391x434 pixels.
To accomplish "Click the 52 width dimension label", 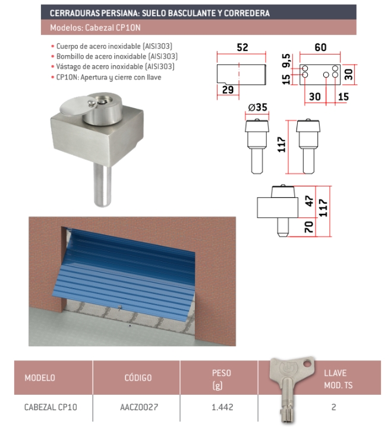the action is coord(242,47).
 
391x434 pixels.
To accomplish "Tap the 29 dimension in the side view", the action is coord(228,90).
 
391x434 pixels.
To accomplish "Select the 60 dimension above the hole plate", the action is coord(320,47).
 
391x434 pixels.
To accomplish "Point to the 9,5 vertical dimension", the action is coord(286,61).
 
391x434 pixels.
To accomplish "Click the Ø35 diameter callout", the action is coord(257,107).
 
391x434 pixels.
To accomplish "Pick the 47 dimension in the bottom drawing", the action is coord(309,201).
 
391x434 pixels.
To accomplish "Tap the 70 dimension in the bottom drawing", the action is coord(309,227).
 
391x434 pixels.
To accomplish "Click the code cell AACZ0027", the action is coord(139,407).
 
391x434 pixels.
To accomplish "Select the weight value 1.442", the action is coord(222,407).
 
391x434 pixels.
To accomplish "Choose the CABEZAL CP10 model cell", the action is coord(51,407).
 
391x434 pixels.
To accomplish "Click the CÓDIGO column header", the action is coord(138,378).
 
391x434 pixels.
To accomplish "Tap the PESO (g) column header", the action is coord(221,379).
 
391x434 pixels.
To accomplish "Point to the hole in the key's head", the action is coord(307,363).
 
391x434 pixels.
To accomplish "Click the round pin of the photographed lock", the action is coord(102,185).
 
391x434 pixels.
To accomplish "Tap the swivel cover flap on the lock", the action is coord(76,106).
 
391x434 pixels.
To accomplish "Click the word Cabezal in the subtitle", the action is coord(96,28).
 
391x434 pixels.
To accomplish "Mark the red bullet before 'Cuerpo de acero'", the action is coord(52,46).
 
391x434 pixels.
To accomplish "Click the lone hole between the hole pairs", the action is coord(326,75).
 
